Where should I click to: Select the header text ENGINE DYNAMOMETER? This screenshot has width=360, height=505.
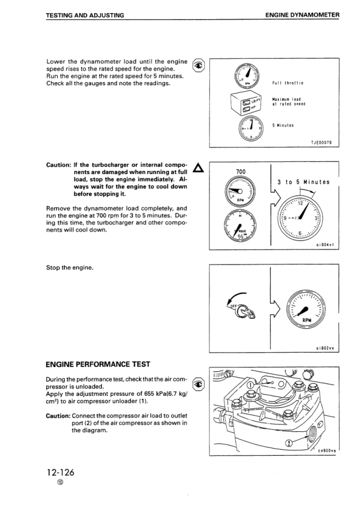click(x=306, y=14)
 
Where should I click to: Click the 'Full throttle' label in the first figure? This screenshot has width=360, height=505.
click(x=288, y=83)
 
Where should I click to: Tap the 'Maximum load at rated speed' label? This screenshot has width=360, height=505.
click(x=289, y=101)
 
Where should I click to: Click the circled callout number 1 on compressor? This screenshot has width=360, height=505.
click(x=250, y=385)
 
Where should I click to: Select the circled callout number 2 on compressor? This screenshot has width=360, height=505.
click(x=289, y=443)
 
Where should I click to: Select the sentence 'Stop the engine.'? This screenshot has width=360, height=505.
click(x=70, y=268)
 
